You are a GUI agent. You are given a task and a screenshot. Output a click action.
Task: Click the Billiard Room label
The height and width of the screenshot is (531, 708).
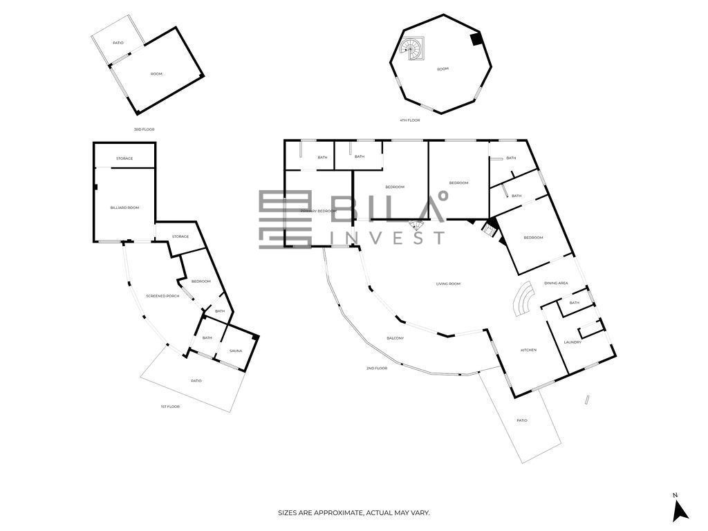click(x=124, y=207)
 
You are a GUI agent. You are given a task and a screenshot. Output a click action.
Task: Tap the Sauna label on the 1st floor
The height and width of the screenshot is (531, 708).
click(x=236, y=351)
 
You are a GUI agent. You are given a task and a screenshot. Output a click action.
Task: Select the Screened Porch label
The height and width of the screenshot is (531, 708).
click(x=162, y=296)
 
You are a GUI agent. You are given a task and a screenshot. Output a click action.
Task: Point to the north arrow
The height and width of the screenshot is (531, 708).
click(x=680, y=510)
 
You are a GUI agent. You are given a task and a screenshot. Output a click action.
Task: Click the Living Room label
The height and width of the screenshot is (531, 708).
click(x=448, y=284)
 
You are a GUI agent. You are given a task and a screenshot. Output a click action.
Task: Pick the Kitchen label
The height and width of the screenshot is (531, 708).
click(x=529, y=350)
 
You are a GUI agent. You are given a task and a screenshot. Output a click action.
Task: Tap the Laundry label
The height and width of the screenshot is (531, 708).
click(x=572, y=342)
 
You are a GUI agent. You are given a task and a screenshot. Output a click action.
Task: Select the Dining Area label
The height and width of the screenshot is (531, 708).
click(x=556, y=283)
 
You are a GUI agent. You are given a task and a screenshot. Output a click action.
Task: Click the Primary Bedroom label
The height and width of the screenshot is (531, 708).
click(x=319, y=212)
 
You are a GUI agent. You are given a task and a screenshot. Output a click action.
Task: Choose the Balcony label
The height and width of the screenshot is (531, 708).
click(x=395, y=338)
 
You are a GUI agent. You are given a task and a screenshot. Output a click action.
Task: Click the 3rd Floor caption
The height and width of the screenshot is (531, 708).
click(x=144, y=129)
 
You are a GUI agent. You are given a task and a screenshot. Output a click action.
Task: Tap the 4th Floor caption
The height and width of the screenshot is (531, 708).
click(x=409, y=120)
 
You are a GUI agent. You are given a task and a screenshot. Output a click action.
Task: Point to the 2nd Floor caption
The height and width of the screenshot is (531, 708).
click(x=377, y=369)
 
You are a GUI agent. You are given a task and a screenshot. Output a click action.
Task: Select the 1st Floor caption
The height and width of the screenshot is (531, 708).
click(x=170, y=407)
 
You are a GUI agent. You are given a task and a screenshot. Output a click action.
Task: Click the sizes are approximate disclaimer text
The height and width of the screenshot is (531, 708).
click(x=353, y=513)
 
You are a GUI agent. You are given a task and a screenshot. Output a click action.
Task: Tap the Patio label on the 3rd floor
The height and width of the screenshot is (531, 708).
click(x=118, y=43)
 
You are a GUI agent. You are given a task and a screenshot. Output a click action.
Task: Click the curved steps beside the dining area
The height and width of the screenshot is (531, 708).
click(x=524, y=299)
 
